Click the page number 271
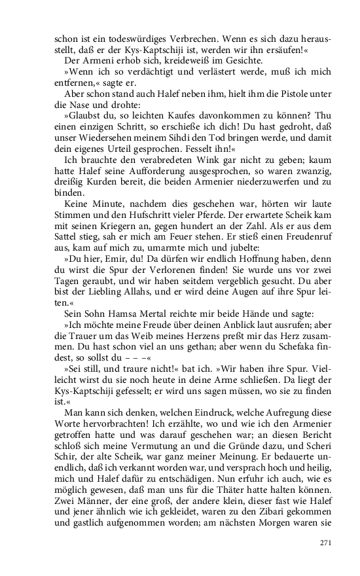coord(327,543)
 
